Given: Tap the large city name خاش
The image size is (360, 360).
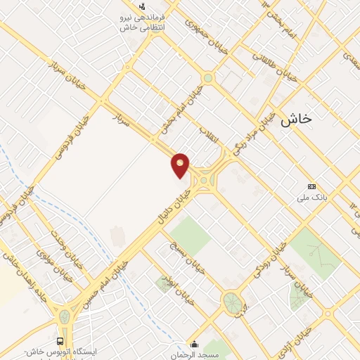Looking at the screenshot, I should click(296, 120).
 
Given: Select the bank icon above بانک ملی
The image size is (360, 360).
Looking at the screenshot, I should click(311, 186).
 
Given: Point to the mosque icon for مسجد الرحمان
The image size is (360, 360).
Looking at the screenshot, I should click(195, 345).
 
